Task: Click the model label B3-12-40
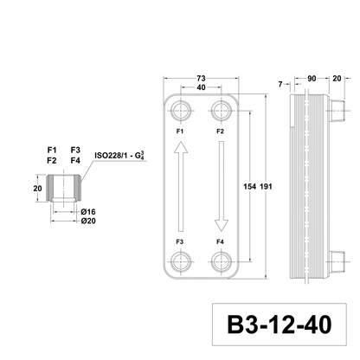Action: [x=280, y=325]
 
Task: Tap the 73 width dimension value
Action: [x=201, y=78]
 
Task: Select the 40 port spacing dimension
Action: [x=201, y=87]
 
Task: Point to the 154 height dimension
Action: [x=249, y=187]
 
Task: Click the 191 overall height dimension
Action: [x=266, y=187]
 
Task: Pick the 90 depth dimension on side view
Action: [x=312, y=79]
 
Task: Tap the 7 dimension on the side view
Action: [x=280, y=84]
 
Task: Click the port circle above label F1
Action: [x=181, y=110]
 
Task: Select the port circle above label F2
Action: [x=222, y=110]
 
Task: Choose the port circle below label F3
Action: [x=181, y=262]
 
